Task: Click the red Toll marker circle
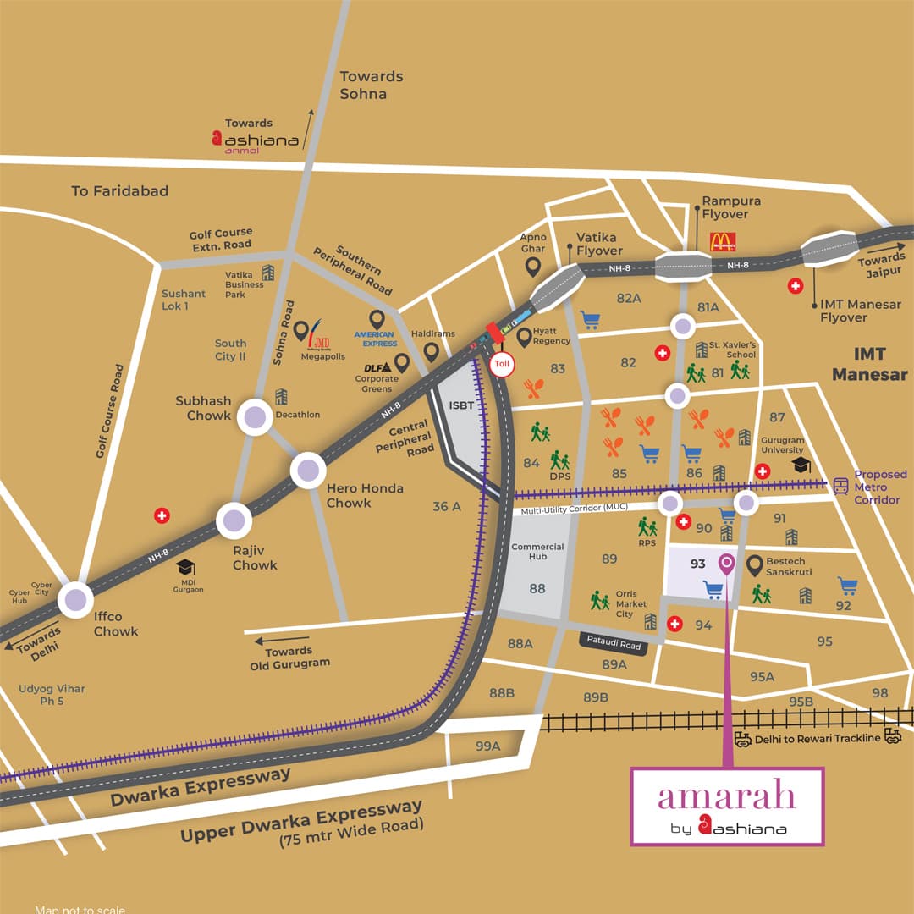click(x=500, y=366)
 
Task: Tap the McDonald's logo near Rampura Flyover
click(x=722, y=242)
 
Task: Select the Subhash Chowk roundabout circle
click(x=255, y=417)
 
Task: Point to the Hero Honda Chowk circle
click(x=308, y=470)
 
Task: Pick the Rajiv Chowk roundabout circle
click(x=234, y=520)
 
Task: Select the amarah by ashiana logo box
click(x=727, y=806)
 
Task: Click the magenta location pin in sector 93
click(x=726, y=563)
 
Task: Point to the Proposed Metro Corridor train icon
click(x=841, y=486)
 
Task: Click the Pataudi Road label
click(x=616, y=643)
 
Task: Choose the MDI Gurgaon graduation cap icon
click(x=186, y=567)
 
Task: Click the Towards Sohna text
click(x=371, y=85)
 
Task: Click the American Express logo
click(x=375, y=339)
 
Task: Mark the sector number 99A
click(x=487, y=746)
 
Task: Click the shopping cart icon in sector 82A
click(x=590, y=320)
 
